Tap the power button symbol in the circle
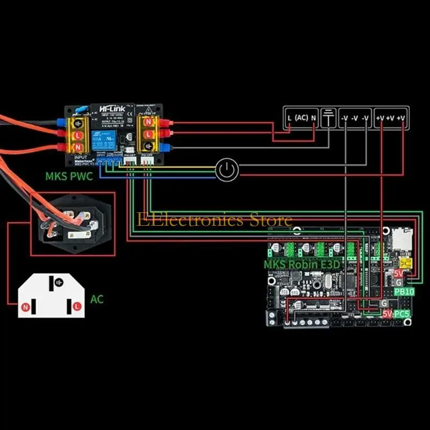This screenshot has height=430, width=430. (x=226, y=170)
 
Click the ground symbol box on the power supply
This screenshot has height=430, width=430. (x=328, y=118)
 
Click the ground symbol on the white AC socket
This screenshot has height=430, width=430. (x=55, y=282)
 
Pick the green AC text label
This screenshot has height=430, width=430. (x=97, y=299)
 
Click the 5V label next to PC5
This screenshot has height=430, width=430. (x=386, y=313)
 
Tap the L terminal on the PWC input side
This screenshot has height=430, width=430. (x=77, y=133)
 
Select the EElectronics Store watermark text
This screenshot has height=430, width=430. (x=214, y=220)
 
